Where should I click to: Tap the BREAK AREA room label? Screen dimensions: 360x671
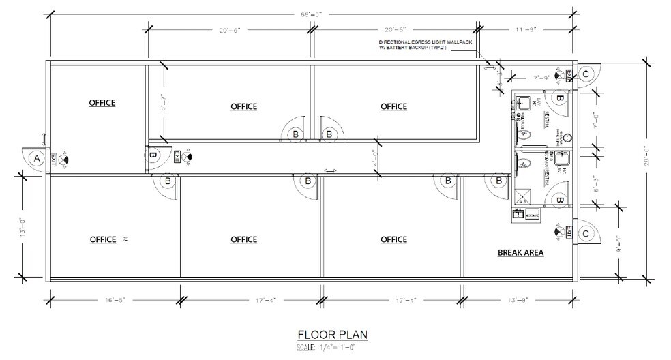[520, 252]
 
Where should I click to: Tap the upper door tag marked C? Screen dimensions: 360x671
[585, 74]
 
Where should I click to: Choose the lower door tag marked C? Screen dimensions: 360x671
[585, 234]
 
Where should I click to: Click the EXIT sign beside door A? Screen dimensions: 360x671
[63, 159]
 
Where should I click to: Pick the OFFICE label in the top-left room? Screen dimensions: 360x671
[102, 103]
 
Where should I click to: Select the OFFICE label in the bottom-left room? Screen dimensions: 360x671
[103, 239]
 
